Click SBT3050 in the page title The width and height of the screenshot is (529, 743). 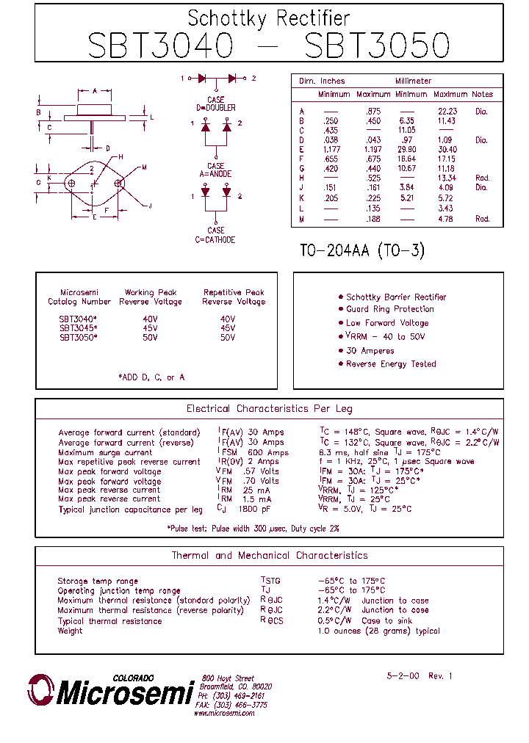pos(376,45)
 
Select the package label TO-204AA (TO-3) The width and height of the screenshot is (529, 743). pos(362,250)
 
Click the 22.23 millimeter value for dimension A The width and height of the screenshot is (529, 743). pos(447,112)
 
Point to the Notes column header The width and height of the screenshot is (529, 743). pos(482,94)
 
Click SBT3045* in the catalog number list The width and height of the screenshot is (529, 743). pos(78,328)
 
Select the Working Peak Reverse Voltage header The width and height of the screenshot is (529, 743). pos(151,297)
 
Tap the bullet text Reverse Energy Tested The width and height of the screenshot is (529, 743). pos(391,364)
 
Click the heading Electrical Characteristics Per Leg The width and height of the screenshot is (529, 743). pos(269,409)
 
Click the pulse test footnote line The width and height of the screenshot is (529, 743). pos(253,529)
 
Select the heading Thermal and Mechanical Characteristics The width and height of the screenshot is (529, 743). pos(269,556)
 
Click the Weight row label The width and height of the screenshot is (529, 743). pos(70,631)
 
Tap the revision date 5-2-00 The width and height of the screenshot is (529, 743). pos(403,675)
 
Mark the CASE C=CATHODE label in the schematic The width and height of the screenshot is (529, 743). pos(215,235)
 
